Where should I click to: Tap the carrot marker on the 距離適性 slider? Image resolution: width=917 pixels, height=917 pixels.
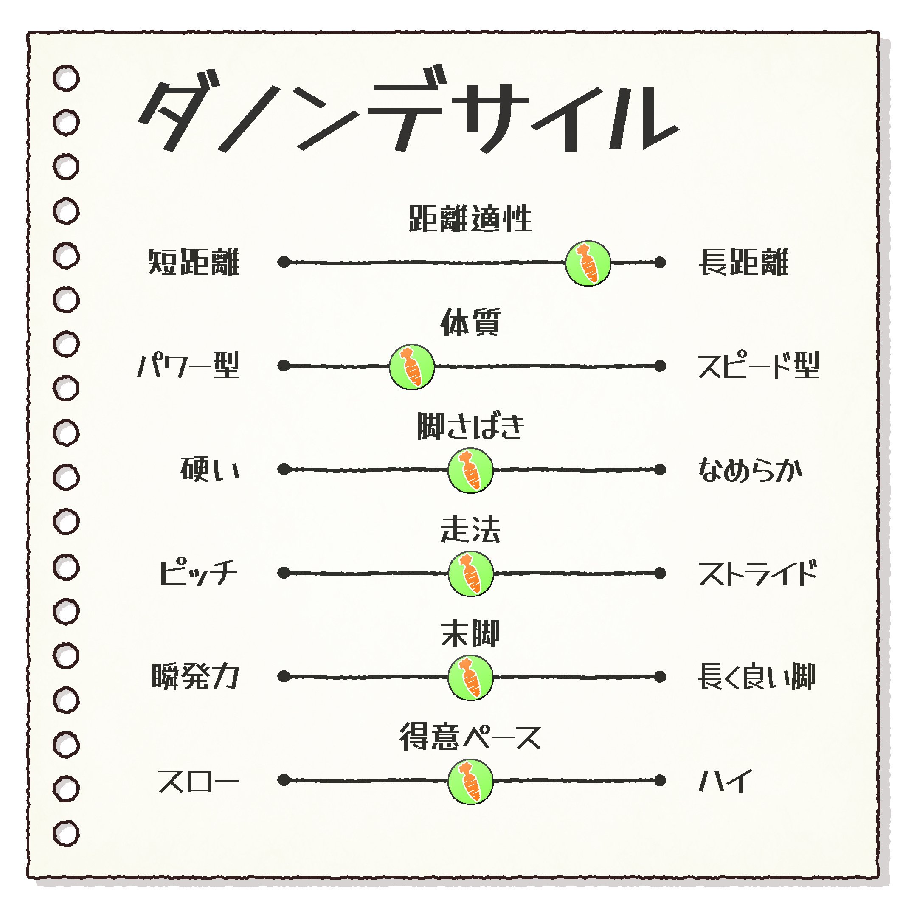coord(588,263)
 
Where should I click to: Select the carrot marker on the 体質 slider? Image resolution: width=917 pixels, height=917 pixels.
coord(411,367)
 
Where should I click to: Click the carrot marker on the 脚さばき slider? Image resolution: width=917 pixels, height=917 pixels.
coord(470,470)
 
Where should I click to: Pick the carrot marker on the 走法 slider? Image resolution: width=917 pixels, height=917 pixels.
coord(470,574)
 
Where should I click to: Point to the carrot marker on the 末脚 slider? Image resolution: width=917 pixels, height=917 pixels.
coord(470,677)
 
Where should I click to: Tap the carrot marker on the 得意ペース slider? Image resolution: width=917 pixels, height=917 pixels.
coord(470,781)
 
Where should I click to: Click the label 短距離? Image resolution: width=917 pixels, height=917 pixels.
coord(194,262)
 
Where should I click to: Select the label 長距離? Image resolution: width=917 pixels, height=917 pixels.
coord(743,262)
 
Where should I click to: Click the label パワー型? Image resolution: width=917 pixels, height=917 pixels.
coord(188,366)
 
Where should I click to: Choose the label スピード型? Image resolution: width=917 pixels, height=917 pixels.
coord(759,366)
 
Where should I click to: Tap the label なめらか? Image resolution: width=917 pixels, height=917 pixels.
coord(750,470)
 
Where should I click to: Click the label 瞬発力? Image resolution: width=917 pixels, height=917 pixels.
coord(195,677)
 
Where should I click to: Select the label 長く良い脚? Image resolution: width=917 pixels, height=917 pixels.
coord(757,677)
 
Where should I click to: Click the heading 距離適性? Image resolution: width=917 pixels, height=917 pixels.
coord(470,219)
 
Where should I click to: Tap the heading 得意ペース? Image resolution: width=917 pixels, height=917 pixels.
coord(470,737)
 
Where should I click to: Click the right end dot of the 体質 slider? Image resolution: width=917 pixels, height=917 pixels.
coord(660,366)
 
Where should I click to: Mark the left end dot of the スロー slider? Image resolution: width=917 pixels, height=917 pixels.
coord(284,780)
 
